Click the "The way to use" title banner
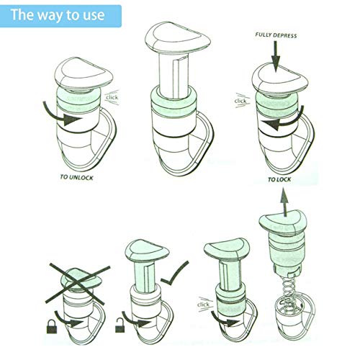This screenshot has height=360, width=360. tap(60, 16)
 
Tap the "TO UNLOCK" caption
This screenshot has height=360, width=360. tap(76, 178)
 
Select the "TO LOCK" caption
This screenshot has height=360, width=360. tap(279, 179)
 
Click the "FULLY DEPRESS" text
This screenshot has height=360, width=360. tap(276, 35)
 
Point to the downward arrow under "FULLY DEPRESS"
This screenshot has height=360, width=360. tap(276, 57)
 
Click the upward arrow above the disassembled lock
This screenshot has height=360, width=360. tap(284, 202)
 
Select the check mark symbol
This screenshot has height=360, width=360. tap(175, 274)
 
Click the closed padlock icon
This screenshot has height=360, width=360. tap(52, 326)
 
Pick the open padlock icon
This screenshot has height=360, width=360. tap(120, 325)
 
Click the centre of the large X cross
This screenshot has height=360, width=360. tap(77, 284)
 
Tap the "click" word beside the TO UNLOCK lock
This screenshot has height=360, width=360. tap(112, 97)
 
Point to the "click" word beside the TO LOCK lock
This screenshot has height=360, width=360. tap(240, 101)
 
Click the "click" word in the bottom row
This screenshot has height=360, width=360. tap(203, 305)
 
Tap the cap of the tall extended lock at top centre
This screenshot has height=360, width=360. tap(178, 38)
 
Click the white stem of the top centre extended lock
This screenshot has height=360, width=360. tap(174, 76)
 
